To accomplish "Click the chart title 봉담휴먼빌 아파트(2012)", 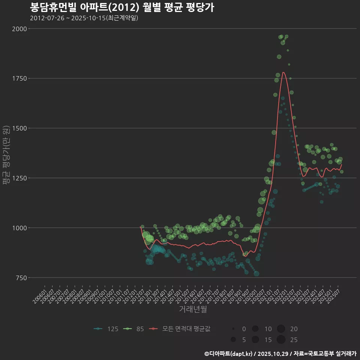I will point(122,7).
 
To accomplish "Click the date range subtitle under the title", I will point(84,18).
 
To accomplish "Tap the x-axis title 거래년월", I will point(193,309).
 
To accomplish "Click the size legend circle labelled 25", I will point(281,340).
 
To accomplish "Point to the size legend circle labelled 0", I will point(233,329).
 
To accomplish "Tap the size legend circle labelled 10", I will point(255,329).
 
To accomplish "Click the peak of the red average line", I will point(283,72).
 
